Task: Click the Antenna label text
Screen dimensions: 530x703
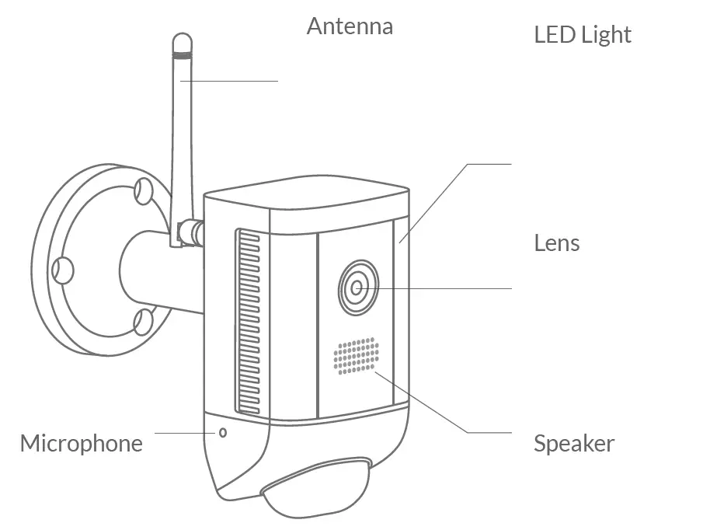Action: [x=350, y=26]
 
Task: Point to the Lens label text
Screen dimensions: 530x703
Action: [x=556, y=243]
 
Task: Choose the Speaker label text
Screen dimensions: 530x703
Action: [x=573, y=445]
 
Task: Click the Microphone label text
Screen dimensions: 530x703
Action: [x=82, y=444]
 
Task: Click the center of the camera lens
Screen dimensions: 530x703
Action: [x=357, y=288]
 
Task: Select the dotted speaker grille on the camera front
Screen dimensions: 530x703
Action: [x=356, y=357]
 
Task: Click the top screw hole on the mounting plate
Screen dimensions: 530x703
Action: [x=143, y=189]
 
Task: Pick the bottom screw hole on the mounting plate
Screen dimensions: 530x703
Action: [x=143, y=320]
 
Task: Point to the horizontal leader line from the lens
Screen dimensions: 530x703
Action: [x=443, y=288]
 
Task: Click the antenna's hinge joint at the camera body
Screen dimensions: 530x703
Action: [x=190, y=232]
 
